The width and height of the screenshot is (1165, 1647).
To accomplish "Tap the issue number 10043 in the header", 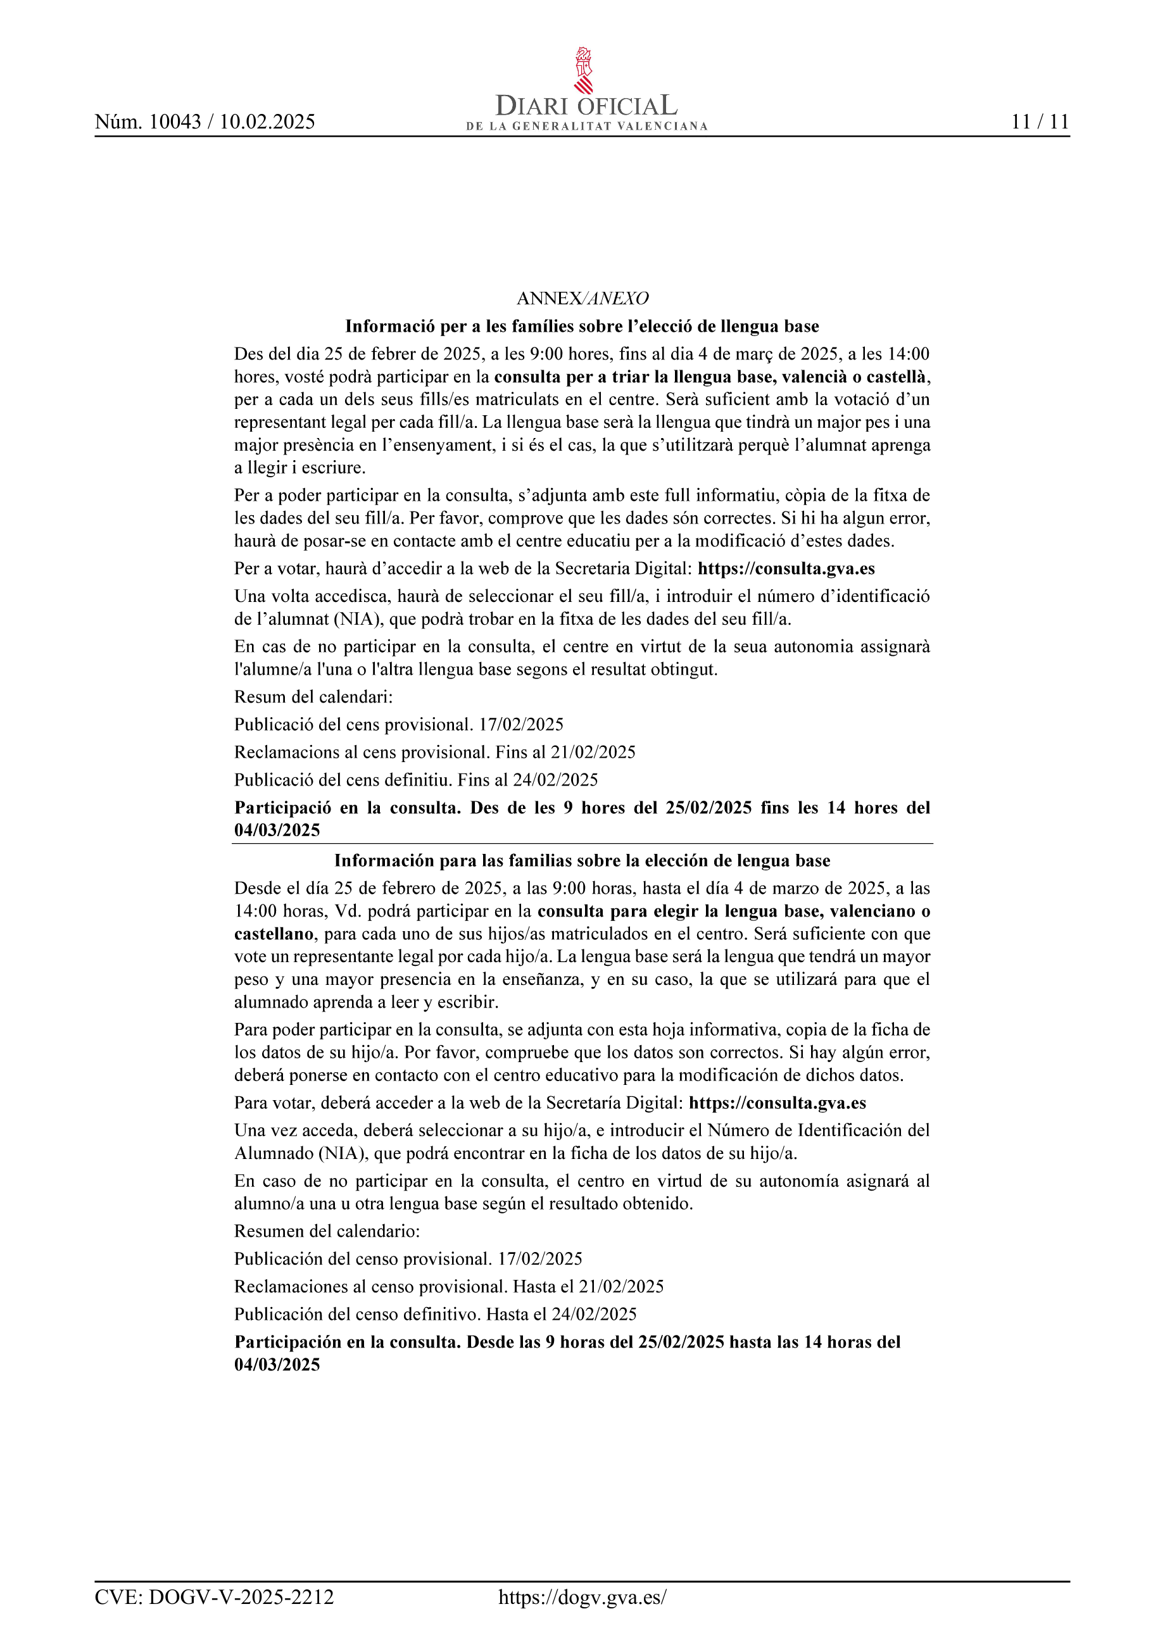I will pos(175,122).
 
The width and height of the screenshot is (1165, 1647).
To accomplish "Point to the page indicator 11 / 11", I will pos(1040,122).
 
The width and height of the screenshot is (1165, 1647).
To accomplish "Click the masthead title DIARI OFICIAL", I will pos(586,107).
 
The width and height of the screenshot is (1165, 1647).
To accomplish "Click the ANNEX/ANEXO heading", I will pos(582,298).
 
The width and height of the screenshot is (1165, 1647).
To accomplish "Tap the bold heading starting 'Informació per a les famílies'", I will pos(582,327).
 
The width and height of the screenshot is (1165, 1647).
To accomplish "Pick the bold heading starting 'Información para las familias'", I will pos(582,861).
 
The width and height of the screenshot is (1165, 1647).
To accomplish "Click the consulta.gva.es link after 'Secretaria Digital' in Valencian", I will pos(786,569).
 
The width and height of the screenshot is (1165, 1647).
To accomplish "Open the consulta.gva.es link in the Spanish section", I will pos(777,1103).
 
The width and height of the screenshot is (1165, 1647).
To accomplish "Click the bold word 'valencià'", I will pos(814,377).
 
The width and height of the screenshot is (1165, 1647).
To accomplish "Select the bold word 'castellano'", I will pos(274,934).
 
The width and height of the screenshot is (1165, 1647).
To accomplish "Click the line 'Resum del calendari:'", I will pos(313,696).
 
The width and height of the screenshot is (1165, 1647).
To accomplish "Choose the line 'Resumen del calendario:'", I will pos(327,1231).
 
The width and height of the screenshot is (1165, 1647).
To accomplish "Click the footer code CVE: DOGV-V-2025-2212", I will pos(215,1598).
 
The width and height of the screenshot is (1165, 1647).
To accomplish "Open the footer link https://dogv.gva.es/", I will pos(582,1598).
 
